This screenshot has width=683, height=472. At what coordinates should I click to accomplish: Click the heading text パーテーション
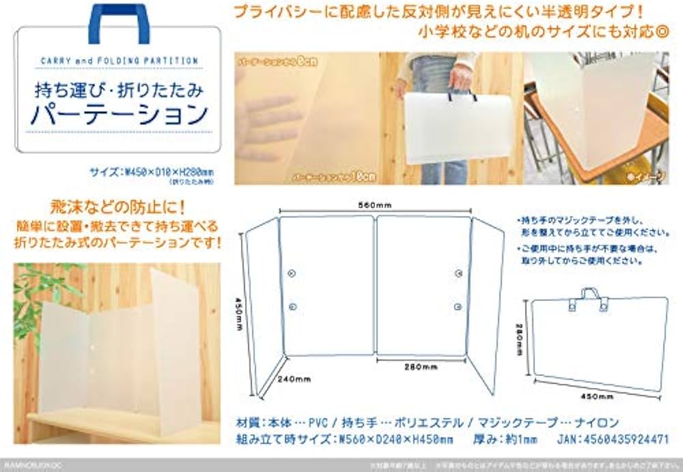point(118,114)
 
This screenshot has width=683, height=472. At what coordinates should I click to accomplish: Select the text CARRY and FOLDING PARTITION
point(119,61)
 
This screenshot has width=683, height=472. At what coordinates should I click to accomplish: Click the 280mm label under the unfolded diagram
point(419,368)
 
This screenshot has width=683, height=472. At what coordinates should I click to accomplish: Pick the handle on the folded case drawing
point(589,293)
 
